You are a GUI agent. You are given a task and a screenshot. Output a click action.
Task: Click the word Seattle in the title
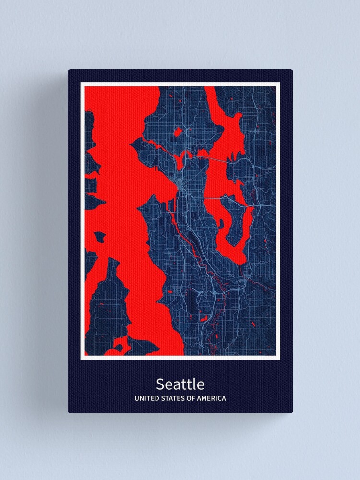click(x=180, y=384)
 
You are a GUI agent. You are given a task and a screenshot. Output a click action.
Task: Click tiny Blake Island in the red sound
click(x=100, y=237)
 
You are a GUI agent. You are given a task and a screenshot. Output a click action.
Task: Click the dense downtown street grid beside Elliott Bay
click(x=179, y=185)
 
